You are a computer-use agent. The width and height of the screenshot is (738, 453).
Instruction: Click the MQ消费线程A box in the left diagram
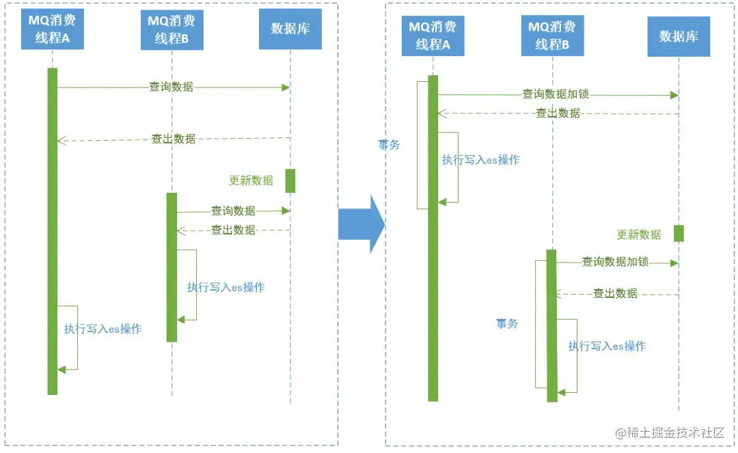(52, 29)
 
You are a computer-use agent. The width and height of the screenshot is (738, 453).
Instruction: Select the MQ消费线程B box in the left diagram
(172, 30)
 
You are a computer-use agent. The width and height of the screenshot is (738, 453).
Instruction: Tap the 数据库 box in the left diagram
(290, 29)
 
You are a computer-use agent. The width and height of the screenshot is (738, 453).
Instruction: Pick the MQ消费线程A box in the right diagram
(433, 36)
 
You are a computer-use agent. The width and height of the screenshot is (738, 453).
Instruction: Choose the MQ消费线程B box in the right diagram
(552, 36)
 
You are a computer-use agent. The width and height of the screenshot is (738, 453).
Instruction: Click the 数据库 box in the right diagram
(679, 36)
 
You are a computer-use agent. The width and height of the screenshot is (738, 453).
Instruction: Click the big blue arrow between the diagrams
(360, 224)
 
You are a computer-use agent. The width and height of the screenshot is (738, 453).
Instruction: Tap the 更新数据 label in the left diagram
(251, 180)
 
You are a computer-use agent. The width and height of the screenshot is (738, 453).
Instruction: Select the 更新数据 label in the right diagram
(639, 234)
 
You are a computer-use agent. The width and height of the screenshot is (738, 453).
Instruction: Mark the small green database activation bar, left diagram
(290, 180)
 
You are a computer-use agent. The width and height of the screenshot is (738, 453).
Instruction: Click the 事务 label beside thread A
(389, 145)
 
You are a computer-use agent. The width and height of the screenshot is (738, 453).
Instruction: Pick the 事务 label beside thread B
(507, 324)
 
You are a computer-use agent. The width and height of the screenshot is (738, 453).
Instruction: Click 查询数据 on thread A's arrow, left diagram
(172, 87)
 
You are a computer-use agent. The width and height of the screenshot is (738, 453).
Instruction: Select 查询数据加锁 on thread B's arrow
(615, 262)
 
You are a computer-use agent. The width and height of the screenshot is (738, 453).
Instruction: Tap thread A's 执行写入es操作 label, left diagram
(102, 329)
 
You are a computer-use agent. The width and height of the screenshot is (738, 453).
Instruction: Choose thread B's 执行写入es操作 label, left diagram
(225, 288)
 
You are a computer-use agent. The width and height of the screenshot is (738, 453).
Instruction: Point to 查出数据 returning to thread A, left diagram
(174, 139)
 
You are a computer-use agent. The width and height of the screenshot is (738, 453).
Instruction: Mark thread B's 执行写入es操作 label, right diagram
(607, 346)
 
